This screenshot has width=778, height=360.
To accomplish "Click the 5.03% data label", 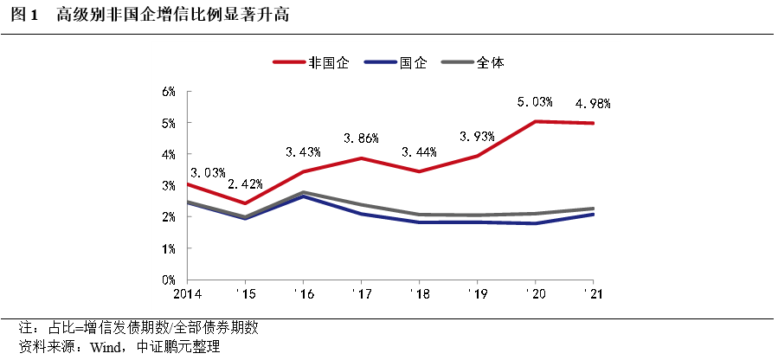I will point(535,102).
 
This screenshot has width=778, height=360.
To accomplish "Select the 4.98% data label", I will point(594,104).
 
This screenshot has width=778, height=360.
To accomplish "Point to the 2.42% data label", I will point(245,184).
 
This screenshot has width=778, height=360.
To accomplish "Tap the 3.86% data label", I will point(361,138).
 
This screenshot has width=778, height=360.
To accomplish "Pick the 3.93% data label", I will point(477,136).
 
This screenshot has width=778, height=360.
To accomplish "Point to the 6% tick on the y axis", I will point(170,91).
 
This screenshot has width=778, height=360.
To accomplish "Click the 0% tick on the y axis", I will point(170,280).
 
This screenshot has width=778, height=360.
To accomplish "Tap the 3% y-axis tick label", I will point(170,185).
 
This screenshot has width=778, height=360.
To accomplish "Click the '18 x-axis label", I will point(419,294).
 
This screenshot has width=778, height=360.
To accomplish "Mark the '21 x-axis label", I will point(594,294).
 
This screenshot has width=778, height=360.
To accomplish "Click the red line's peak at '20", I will point(536,121).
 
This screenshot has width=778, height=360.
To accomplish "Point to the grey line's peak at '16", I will point(303,192).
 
